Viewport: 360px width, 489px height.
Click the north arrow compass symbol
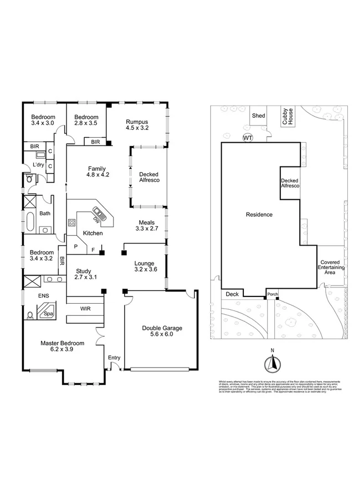point(272,363)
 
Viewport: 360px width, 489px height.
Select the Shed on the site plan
point(258,116)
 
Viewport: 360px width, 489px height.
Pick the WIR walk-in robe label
point(86,308)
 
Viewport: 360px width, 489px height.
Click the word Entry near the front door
point(114,357)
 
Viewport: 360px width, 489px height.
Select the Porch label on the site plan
point(272,294)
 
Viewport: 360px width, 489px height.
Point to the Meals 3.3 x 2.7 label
point(147,225)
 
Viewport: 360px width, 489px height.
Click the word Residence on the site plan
point(259,214)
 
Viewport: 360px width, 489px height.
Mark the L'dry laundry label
point(38,165)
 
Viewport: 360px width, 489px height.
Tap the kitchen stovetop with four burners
point(71,223)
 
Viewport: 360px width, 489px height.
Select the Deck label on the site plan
point(232,294)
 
